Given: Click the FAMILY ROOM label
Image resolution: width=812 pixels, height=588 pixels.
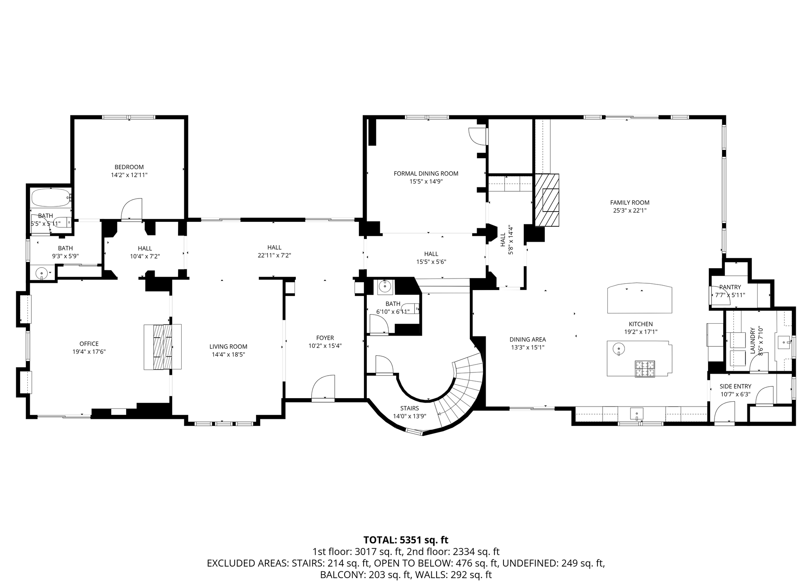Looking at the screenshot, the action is tap(630, 202).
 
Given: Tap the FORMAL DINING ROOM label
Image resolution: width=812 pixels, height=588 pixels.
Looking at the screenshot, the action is tap(426, 174).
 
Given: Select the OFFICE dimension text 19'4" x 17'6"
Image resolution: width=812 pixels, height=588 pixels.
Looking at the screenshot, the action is tap(89, 351).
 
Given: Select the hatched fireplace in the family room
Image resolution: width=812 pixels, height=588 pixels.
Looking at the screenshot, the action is tap(547, 200).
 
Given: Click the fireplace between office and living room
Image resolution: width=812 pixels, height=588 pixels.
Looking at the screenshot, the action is tap(163, 347).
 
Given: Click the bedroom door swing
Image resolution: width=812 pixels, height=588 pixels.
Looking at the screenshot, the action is tap(132, 209).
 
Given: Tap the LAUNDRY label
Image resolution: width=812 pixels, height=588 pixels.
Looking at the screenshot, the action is tap(753, 340).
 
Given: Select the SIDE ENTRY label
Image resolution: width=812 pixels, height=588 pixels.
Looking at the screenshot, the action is tap(735, 386).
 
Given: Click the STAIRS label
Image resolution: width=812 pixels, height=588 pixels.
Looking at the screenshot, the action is tap(409, 408).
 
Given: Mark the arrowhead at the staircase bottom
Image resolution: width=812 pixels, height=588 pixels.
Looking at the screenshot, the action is tap(439, 413).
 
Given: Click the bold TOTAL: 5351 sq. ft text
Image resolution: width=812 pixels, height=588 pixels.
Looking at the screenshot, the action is tap(406, 540).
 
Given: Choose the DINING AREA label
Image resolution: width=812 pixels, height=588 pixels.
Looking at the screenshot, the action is tap(527, 340).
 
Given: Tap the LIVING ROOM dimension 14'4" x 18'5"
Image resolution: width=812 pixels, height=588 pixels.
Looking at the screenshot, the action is tap(228, 355).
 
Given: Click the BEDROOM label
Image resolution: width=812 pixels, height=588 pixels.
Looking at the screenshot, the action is tap(129, 167).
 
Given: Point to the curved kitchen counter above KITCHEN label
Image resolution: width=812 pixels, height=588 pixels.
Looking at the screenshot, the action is tap(640, 298).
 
